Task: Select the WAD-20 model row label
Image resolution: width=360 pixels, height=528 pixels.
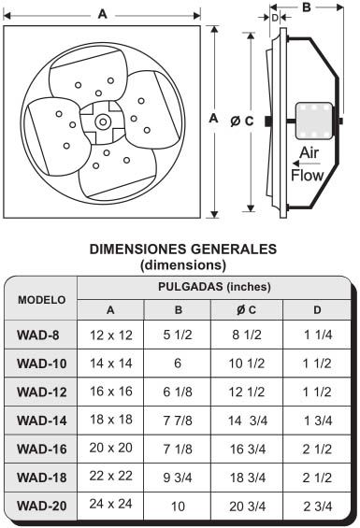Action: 40,506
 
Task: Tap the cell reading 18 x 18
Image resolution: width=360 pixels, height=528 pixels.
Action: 109,421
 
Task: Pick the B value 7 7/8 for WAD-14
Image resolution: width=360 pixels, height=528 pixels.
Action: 178,421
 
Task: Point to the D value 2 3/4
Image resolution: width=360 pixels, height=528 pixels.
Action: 318,506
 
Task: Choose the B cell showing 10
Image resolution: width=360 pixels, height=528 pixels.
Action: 178,506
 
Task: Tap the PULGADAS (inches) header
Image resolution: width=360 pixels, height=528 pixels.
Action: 215,287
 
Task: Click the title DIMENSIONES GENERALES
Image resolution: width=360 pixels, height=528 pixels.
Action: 181,250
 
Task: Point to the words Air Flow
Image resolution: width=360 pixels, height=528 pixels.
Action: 309,164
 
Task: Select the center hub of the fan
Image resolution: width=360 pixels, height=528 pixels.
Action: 101,121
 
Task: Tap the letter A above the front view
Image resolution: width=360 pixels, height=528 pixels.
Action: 101,13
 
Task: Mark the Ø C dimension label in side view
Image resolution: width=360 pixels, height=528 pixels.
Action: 241,120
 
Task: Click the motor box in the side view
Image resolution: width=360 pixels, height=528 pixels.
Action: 312,120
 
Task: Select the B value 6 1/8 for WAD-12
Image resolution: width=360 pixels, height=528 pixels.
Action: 178,392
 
